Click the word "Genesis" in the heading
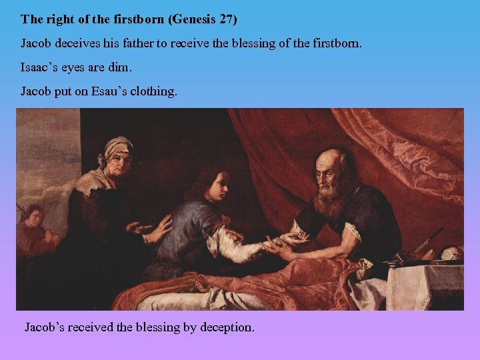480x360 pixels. point(193,19)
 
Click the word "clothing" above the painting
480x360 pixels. point(154,91)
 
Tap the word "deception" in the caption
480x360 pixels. point(227,327)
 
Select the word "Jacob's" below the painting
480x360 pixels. point(46,327)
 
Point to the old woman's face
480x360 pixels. point(119,159)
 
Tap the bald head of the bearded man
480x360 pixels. point(333,158)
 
